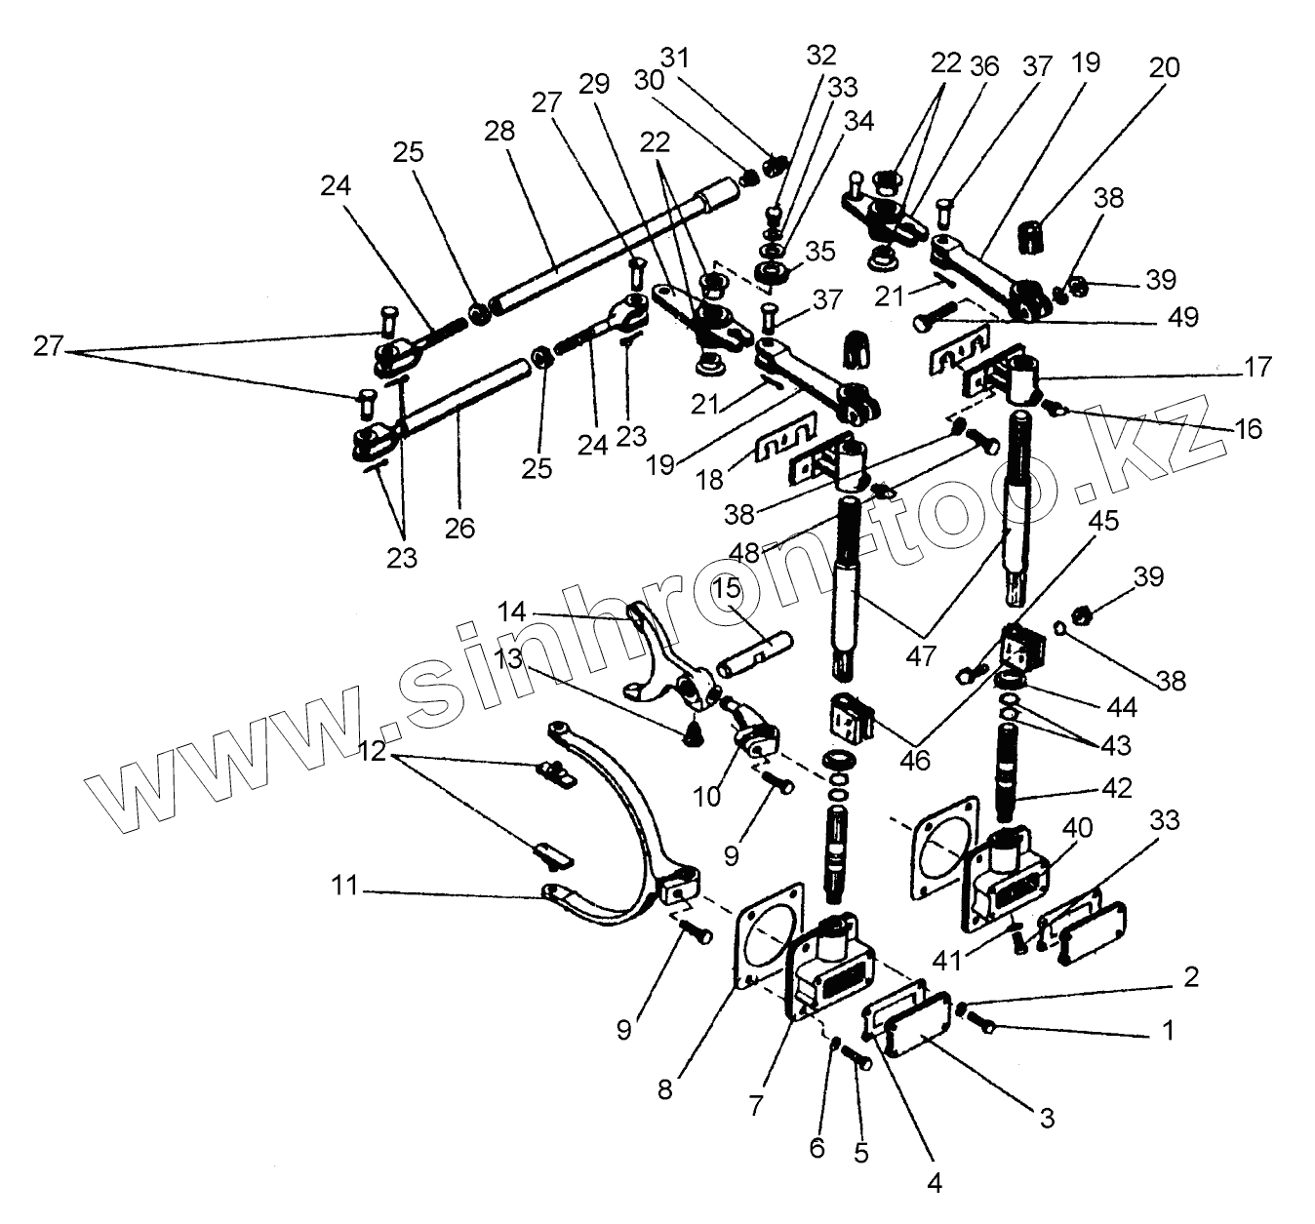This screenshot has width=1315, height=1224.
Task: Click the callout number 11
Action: (347, 888)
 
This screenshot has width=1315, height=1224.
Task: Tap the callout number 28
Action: (498, 132)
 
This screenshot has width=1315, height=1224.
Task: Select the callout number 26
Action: (458, 528)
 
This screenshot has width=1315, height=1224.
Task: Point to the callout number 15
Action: (727, 590)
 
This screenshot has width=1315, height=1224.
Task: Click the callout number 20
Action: (1164, 68)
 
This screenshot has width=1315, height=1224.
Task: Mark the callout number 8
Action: (664, 1090)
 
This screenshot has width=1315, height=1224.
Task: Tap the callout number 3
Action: (1046, 1118)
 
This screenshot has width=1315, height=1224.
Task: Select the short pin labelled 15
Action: (758, 653)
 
